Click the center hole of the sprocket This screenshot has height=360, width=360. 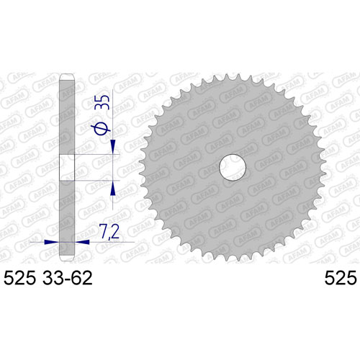(x=233, y=167)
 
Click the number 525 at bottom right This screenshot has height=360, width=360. (x=341, y=278)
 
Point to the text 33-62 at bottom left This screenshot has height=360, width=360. (x=67, y=278)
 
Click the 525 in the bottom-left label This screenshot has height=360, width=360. (x=20, y=278)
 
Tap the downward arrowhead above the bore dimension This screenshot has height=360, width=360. (x=113, y=147)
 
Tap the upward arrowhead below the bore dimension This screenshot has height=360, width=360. (x=113, y=188)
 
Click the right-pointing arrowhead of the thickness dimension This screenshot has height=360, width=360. (x=52, y=242)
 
